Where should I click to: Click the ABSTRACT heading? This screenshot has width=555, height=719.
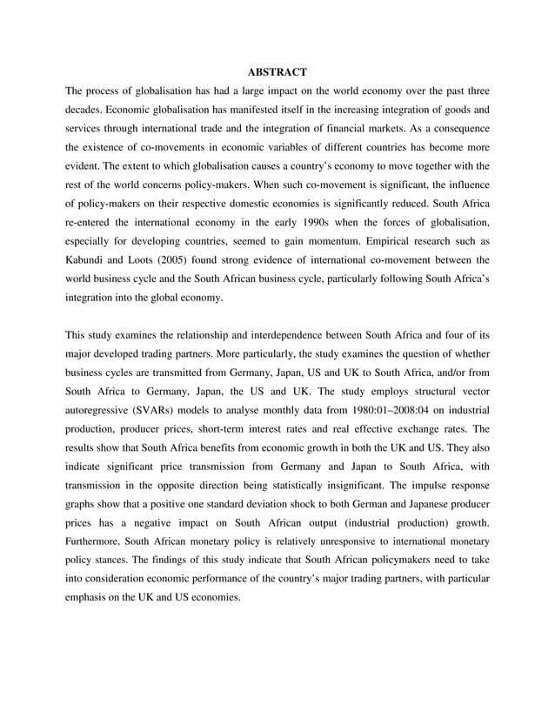coord(277,71)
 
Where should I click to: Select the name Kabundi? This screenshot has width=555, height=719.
coord(90,259)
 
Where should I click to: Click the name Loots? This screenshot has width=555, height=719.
coord(150,259)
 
